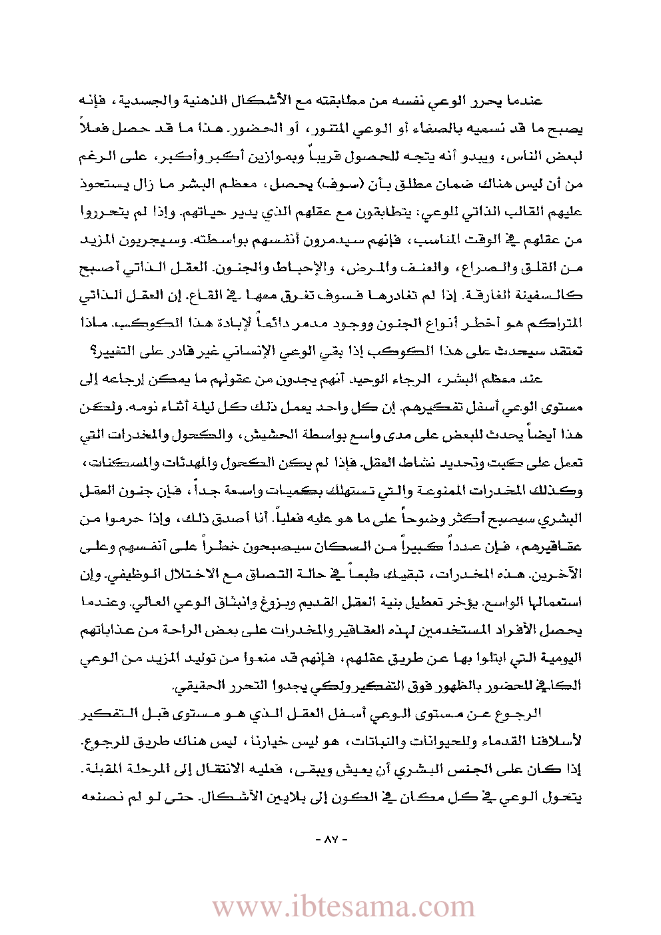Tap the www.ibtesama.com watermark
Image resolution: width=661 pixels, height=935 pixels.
(343, 906)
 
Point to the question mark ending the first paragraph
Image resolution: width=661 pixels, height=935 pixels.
(84, 351)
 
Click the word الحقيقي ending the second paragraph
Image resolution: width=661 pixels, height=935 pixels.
(199, 686)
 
